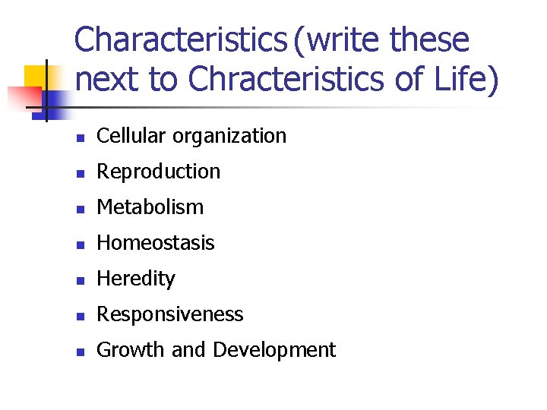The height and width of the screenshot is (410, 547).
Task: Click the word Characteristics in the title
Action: tap(179, 39)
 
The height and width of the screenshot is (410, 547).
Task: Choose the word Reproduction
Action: tap(158, 172)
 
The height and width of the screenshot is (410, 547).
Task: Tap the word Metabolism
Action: tap(150, 207)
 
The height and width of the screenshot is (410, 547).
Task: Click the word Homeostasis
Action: tap(155, 243)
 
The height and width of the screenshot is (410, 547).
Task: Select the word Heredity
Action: tap(135, 279)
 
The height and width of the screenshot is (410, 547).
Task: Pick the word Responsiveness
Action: tap(169, 315)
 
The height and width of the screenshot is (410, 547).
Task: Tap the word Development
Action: tap(274, 351)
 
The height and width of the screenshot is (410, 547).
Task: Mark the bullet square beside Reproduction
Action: tap(80, 173)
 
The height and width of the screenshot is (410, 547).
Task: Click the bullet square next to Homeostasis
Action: tap(80, 244)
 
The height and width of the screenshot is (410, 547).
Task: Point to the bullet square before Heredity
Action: tap(80, 280)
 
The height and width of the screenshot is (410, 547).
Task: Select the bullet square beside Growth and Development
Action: tap(80, 352)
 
